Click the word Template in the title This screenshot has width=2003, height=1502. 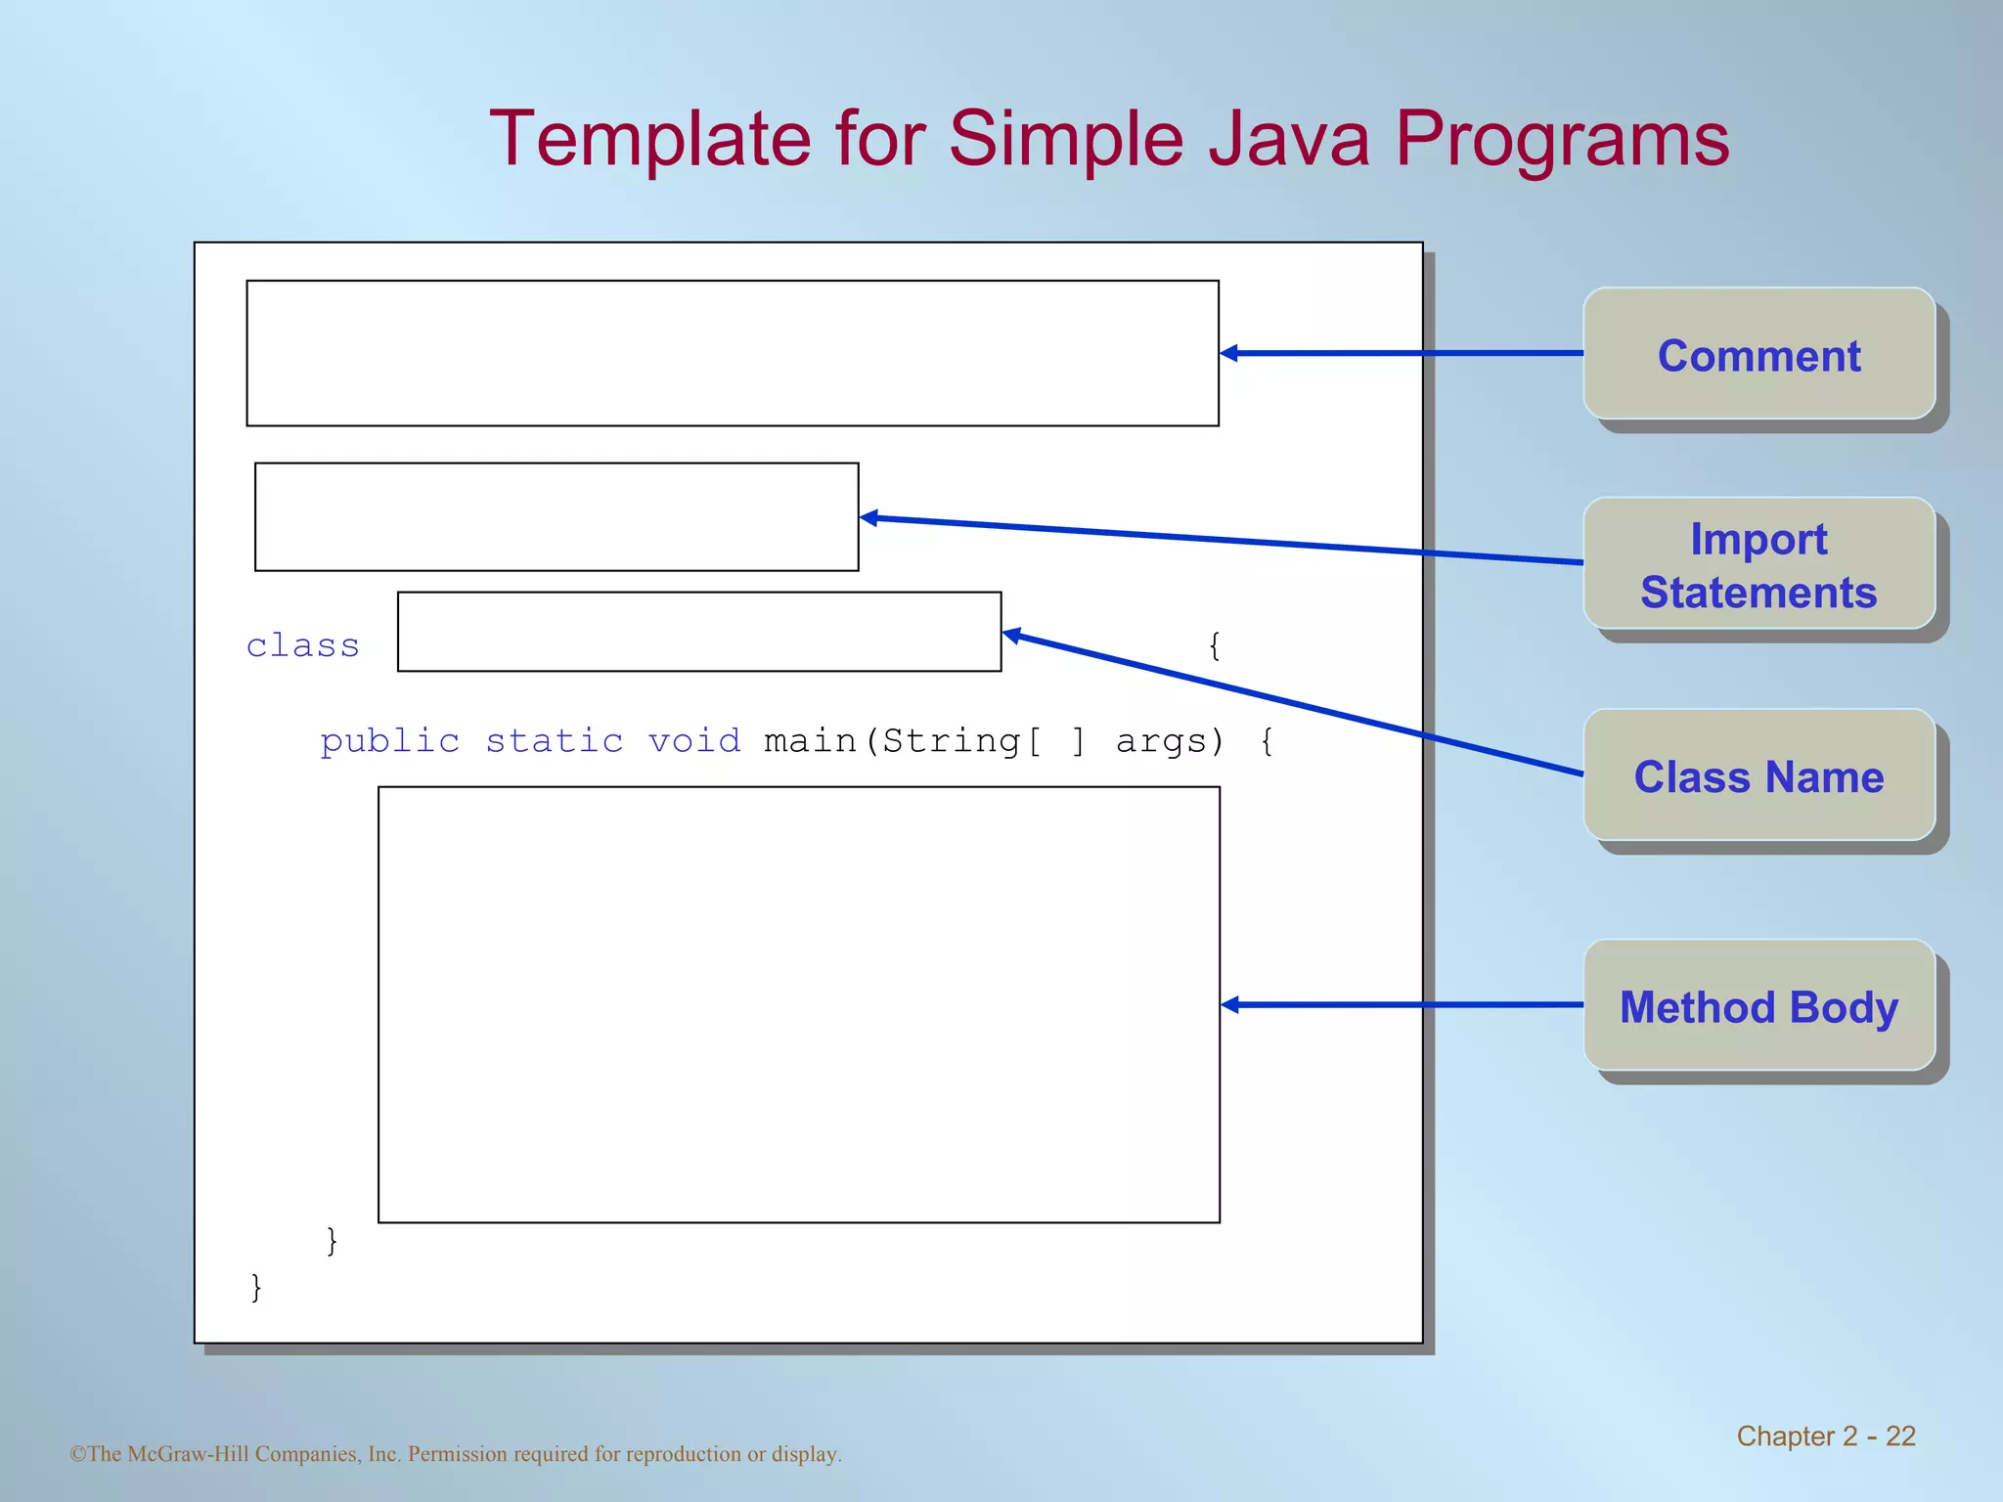coord(649,139)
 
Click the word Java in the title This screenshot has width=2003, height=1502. coord(1288,139)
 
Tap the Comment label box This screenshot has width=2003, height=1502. coord(1758,354)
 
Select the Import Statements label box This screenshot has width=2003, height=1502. coord(1758,564)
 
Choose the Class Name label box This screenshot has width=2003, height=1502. coord(1758,775)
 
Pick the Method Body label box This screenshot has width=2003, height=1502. coord(1758,1005)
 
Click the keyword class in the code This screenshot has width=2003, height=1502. coord(302,645)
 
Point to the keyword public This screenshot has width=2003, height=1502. coord(389,741)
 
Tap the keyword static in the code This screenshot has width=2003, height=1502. coord(554,741)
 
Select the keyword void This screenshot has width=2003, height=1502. coord(693,741)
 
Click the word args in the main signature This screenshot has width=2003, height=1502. coord(1161,741)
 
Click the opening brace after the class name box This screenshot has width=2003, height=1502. coord(1214,645)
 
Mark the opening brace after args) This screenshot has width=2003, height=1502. coord(1267,741)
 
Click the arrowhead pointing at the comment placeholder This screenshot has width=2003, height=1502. coord(1229,353)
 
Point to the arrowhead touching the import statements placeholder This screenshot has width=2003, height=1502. coord(868,517)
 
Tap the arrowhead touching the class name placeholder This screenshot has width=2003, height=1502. coord(1012,635)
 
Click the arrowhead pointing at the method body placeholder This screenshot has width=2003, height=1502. coord(1230,1004)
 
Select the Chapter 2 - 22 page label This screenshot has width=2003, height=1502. coord(1825,1436)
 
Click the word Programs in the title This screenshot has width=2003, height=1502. coord(1561,139)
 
